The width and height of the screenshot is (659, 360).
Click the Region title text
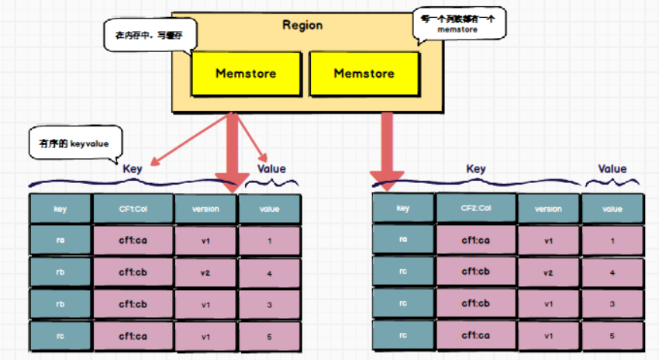(302, 25)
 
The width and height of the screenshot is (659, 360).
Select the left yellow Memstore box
(247, 74)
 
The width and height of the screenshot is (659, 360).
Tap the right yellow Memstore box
(363, 74)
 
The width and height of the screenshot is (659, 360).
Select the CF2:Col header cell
(474, 209)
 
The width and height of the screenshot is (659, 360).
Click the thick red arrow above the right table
(385, 151)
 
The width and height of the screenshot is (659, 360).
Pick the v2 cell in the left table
(205, 272)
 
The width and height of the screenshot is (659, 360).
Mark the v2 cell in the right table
(548, 272)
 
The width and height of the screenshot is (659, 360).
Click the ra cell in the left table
(60, 241)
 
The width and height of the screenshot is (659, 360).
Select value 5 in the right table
(612, 336)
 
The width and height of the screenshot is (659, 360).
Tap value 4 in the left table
(270, 272)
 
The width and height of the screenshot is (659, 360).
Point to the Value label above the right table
(612, 168)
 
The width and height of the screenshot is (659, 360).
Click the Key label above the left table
(133, 168)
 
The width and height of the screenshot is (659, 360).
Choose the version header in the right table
(548, 209)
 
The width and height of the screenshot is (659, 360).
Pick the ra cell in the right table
(402, 241)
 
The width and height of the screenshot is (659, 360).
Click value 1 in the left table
(270, 241)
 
